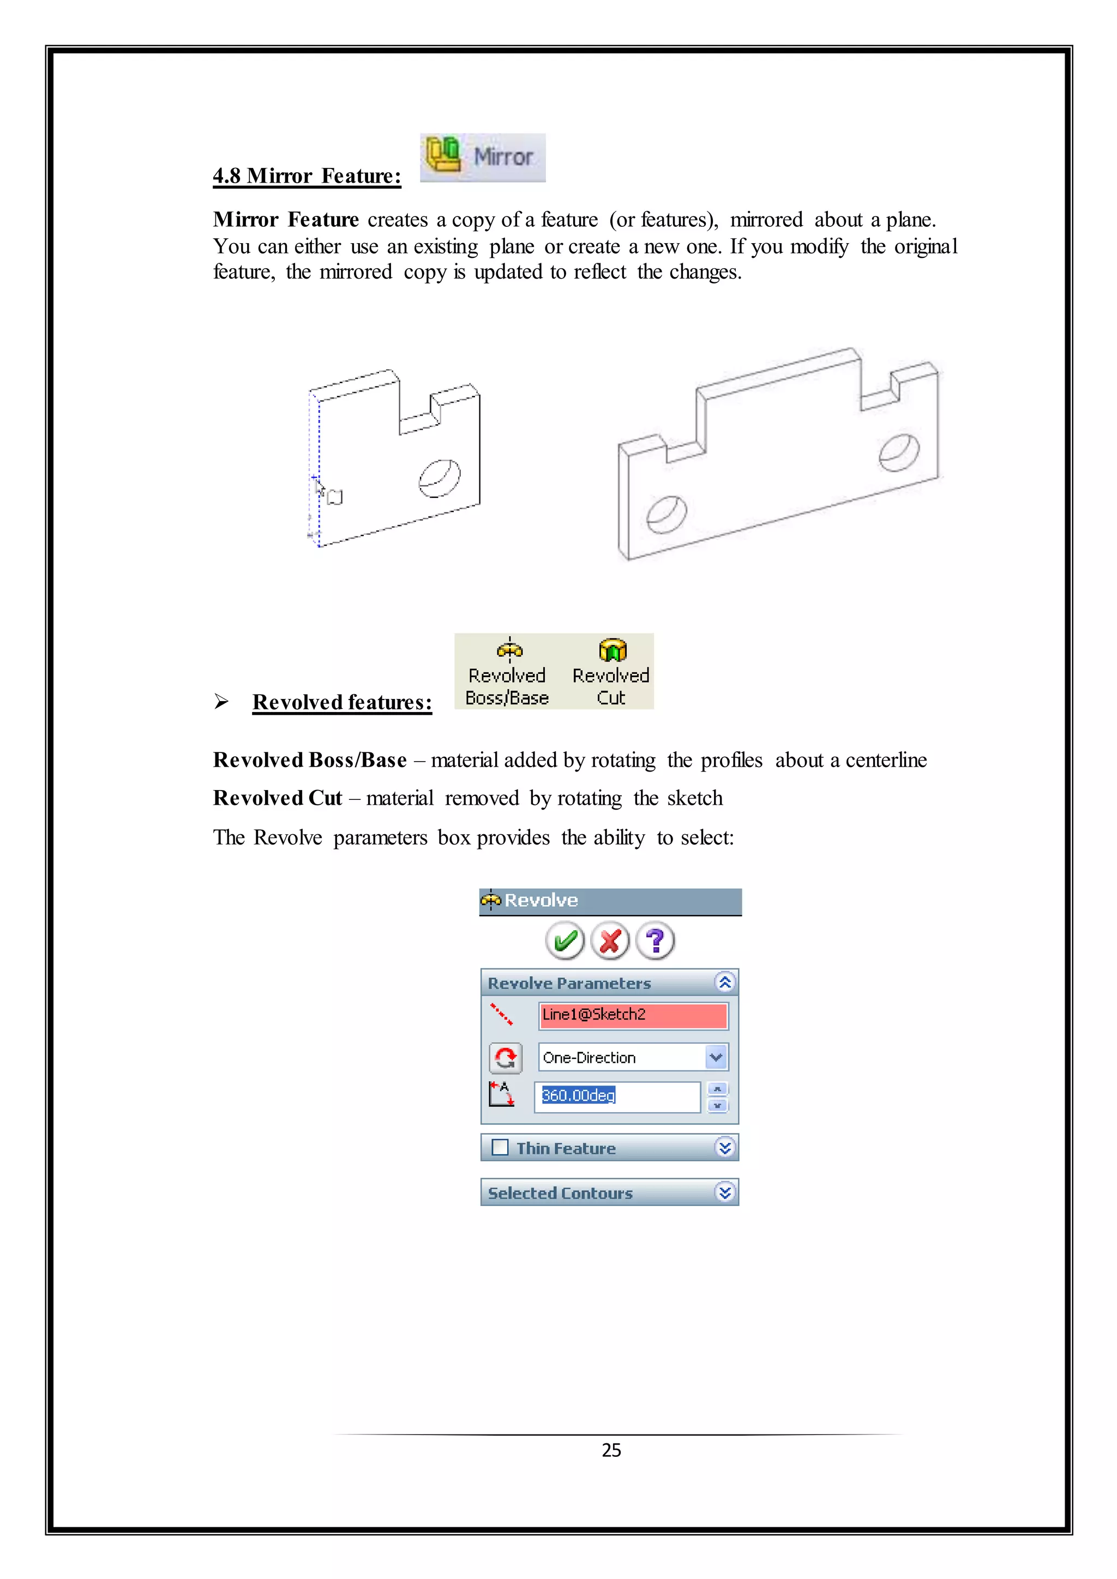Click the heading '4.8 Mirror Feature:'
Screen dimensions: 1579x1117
pos(307,176)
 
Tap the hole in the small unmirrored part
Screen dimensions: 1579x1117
pos(440,478)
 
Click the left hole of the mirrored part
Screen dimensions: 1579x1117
pos(666,514)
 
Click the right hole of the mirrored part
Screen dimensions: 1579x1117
pos(899,453)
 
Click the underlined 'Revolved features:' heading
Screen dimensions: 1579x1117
pos(342,702)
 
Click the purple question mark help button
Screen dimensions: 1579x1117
pos(656,941)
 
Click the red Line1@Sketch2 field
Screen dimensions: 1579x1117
pos(633,1015)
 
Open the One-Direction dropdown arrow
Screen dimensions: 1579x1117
pos(716,1057)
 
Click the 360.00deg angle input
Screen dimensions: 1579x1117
pos(616,1095)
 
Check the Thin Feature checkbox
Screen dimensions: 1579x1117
pos(500,1148)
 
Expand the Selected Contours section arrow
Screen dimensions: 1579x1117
pos(724,1192)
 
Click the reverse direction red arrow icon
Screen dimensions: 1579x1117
pos(506,1058)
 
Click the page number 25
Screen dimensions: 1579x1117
pos(611,1450)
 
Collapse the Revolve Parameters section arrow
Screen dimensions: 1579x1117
pos(724,982)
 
